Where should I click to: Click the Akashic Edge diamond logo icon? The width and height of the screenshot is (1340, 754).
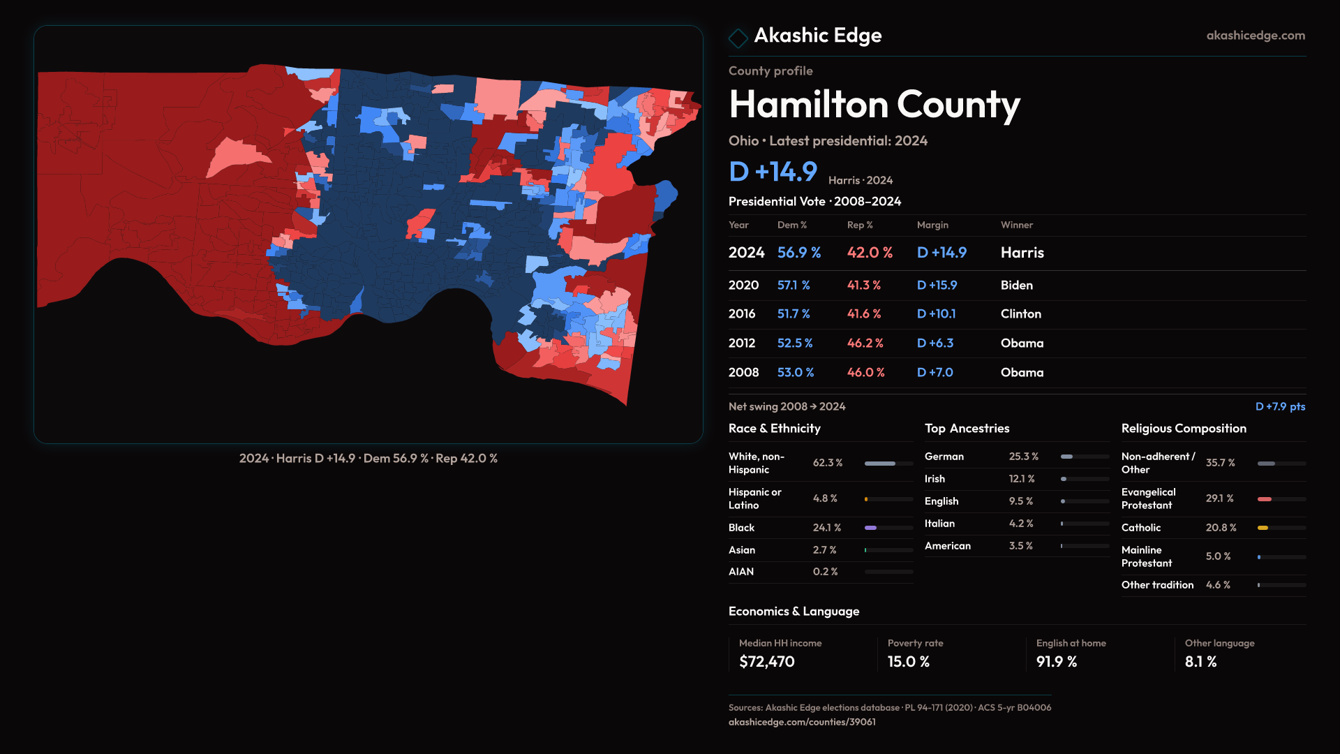(738, 37)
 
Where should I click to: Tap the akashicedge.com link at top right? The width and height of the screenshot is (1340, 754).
(1255, 36)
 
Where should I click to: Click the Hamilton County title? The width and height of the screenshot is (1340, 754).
(874, 105)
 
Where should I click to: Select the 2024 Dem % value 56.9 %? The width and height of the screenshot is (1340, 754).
(798, 253)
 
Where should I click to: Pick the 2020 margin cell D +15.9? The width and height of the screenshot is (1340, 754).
(937, 286)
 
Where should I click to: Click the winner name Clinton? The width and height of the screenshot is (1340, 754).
(1020, 314)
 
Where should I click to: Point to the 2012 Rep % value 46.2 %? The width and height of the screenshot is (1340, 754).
(865, 343)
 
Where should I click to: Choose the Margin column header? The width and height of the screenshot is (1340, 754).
(932, 225)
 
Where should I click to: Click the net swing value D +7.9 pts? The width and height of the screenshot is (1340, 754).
(1279, 406)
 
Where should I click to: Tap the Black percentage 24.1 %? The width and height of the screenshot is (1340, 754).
(826, 528)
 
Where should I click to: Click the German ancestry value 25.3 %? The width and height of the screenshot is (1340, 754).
(1023, 457)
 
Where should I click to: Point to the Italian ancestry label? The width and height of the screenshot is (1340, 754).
(939, 524)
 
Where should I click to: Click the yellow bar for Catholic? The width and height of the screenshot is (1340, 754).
(1263, 528)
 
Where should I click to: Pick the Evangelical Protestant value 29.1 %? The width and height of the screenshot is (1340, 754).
(1219, 498)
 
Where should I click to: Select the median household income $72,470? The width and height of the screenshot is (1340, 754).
(766, 662)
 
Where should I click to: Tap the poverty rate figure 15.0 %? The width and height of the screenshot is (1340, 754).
(908, 662)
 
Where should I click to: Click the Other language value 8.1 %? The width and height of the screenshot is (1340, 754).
(1200, 662)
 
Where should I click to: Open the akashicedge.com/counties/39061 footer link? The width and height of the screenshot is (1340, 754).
(802, 722)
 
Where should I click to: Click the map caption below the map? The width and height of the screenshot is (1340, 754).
(368, 459)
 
